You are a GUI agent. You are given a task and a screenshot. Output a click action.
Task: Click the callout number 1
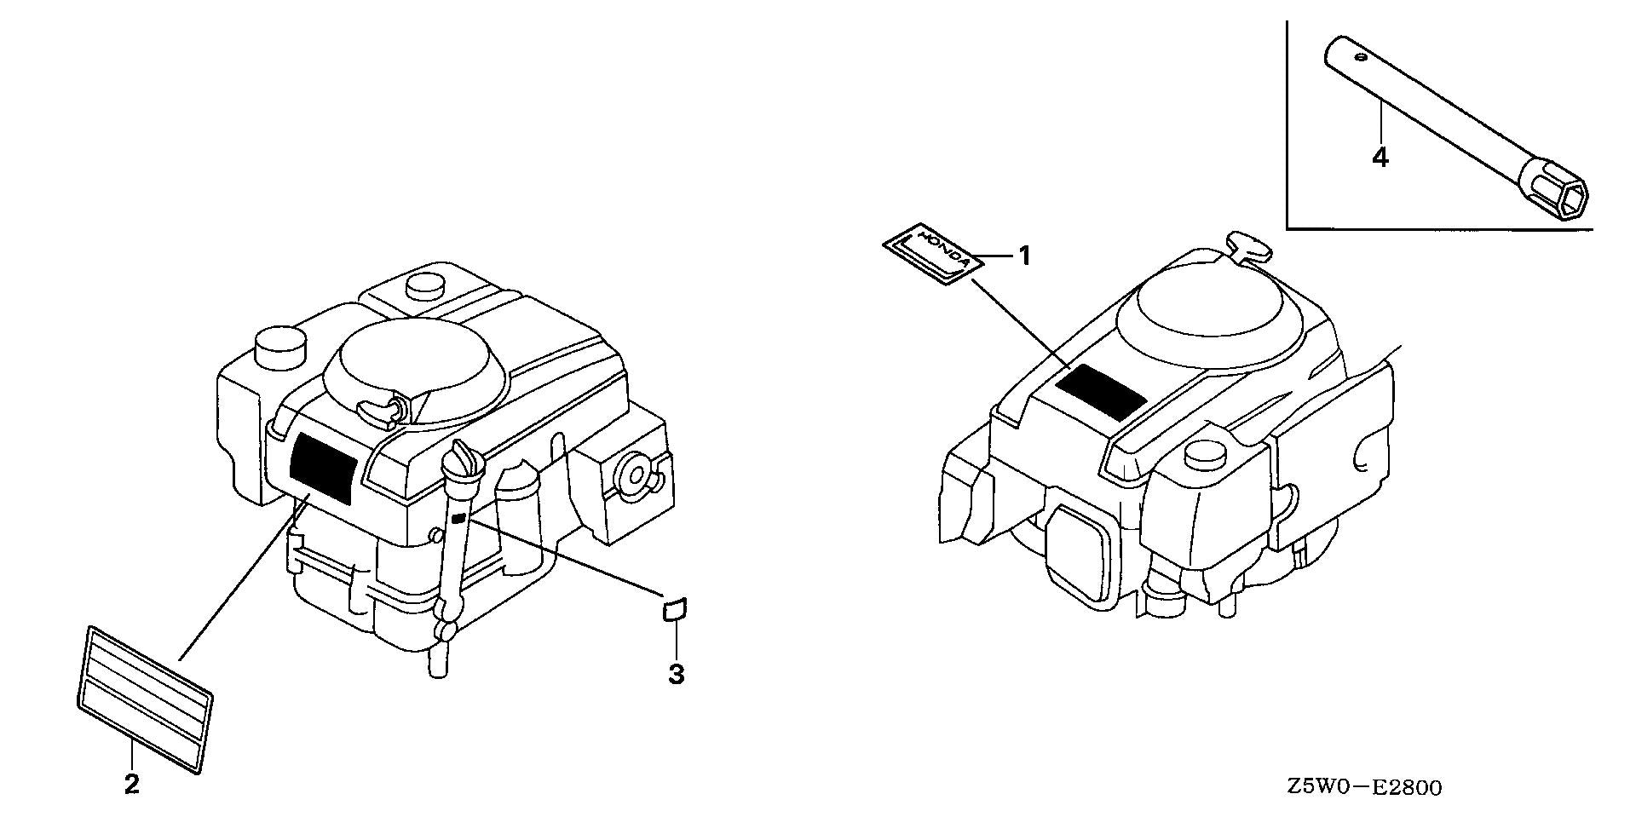(1025, 256)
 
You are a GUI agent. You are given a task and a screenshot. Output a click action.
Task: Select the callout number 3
(676, 675)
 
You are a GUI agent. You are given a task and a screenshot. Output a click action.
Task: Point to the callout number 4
(1380, 158)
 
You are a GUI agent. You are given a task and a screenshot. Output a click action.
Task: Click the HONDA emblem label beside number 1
(932, 250)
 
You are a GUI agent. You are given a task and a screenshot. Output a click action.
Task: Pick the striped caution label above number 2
(144, 700)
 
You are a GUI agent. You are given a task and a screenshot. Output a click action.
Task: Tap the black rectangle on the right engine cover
(1100, 391)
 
